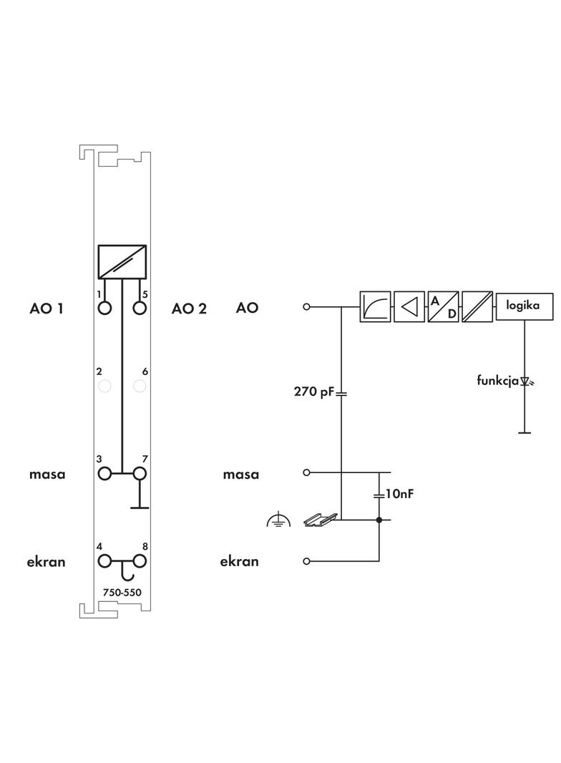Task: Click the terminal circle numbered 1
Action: (105, 308)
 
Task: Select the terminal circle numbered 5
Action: (140, 308)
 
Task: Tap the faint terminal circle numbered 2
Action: (105, 387)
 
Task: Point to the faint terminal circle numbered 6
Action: (140, 387)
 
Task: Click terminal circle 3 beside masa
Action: (105, 473)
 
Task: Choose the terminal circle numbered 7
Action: (140, 473)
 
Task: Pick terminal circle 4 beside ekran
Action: (105, 561)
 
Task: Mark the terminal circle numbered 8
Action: (140, 561)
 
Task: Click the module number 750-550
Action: (122, 592)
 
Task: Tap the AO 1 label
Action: (47, 308)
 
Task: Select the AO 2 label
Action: (189, 308)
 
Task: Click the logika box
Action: (524, 306)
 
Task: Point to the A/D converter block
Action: (443, 307)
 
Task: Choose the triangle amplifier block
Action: (409, 307)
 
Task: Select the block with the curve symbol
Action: (375, 307)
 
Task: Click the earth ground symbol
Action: (278, 521)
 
